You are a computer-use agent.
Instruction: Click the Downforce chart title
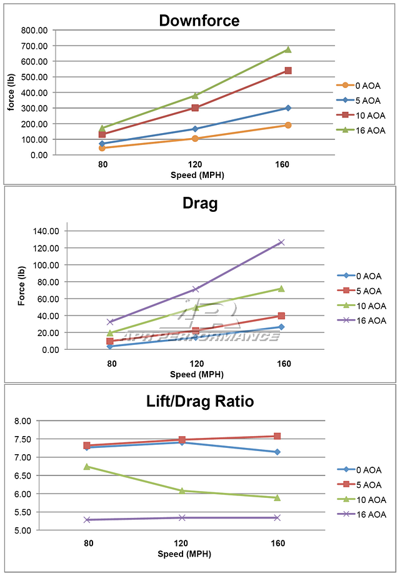pyautogui.click(x=199, y=21)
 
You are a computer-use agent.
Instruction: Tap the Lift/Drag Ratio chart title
pyautogui.click(x=200, y=401)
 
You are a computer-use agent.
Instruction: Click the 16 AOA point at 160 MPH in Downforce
pyautogui.click(x=288, y=49)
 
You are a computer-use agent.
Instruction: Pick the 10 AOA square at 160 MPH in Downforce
pyautogui.click(x=288, y=71)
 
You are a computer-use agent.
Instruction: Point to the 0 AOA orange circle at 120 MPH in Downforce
pyautogui.click(x=195, y=138)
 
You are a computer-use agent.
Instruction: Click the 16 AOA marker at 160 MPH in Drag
pyautogui.click(x=281, y=242)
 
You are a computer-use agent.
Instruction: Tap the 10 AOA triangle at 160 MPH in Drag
pyautogui.click(x=281, y=288)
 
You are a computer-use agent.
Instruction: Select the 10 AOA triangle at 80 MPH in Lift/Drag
pyautogui.click(x=87, y=466)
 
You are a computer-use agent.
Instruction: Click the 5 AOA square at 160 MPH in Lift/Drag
pyautogui.click(x=277, y=436)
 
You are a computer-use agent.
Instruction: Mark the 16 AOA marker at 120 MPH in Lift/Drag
pyautogui.click(x=182, y=517)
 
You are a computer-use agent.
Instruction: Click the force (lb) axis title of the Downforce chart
pyautogui.click(x=11, y=92)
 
